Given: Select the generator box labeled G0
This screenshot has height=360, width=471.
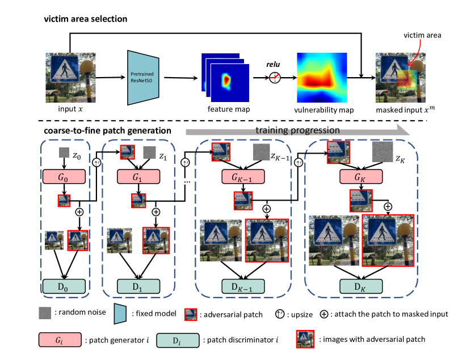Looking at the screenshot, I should (63, 176).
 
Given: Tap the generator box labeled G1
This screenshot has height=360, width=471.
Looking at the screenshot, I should (138, 176).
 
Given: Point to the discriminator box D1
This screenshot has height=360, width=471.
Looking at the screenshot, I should (138, 286).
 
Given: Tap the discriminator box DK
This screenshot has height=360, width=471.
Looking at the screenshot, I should (356, 286).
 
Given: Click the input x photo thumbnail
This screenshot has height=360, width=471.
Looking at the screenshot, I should (67, 76).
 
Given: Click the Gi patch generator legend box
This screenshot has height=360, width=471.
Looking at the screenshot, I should (62, 340).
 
